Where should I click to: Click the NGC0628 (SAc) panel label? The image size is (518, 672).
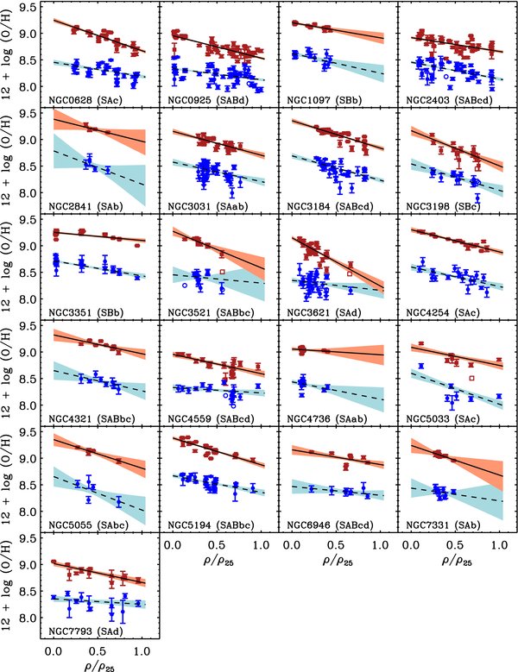pos(80,97)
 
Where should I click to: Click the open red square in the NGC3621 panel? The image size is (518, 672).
pos(350,273)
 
